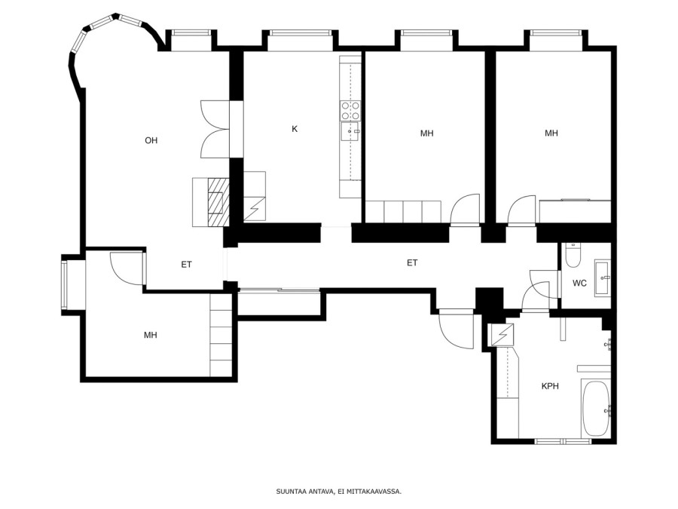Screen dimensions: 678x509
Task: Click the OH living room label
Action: (151, 140)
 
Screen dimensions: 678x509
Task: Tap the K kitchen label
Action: (295, 128)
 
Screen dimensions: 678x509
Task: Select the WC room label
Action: (579, 283)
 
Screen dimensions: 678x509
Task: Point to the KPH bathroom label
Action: (550, 385)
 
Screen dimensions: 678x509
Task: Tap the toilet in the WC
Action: (573, 256)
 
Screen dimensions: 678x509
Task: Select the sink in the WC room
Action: (603, 277)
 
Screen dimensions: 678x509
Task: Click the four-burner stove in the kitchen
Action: (350, 110)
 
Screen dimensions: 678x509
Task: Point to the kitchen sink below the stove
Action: (350, 131)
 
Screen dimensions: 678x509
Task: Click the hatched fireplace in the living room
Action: (218, 202)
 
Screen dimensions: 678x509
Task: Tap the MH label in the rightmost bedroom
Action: (551, 133)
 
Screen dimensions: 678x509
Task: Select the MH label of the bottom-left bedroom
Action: (151, 335)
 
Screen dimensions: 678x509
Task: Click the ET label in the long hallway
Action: (412, 262)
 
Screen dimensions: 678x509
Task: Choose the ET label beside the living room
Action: (186, 265)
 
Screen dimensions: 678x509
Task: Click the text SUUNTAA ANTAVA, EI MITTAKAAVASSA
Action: (339, 491)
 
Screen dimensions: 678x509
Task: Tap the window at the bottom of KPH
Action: (563, 441)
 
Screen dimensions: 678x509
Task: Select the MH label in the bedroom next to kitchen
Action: (427, 133)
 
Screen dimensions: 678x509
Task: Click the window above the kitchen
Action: (300, 33)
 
